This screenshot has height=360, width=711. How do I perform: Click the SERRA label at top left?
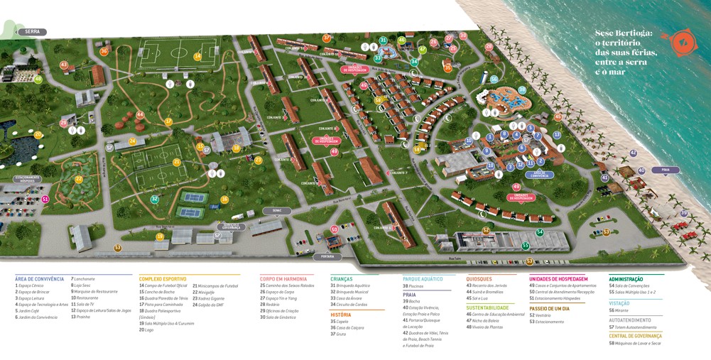click(x=33, y=32)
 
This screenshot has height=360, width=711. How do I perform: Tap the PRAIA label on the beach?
click(x=666, y=170)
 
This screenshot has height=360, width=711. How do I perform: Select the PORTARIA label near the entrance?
click(x=327, y=256)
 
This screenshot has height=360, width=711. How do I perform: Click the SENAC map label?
click(x=277, y=211)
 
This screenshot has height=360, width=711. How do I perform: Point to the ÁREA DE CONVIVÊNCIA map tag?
click(x=539, y=174)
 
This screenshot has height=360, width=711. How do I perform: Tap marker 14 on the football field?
click(x=197, y=57)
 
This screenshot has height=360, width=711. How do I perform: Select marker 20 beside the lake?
click(x=38, y=135)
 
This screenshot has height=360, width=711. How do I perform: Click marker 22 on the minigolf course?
click(x=79, y=179)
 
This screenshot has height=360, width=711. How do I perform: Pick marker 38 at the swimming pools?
click(x=522, y=90)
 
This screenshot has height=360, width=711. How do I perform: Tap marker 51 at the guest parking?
click(x=45, y=200)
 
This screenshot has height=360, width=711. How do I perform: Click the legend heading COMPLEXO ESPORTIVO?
click(x=163, y=279)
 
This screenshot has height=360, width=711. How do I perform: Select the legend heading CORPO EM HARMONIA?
click(x=283, y=279)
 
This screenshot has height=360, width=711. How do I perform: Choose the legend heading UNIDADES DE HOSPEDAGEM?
click(x=558, y=279)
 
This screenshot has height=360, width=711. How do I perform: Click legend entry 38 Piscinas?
click(x=413, y=286)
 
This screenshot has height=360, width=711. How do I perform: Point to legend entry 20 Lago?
click(x=146, y=329)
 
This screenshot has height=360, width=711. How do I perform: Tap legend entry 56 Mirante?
click(x=619, y=310)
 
